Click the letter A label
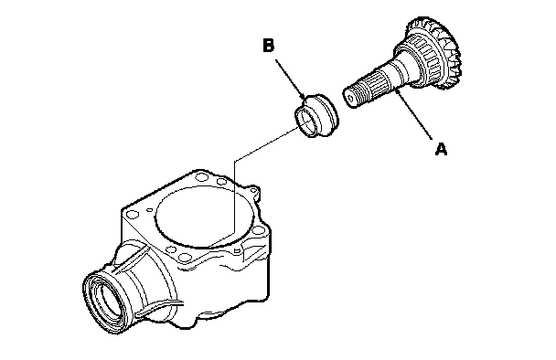point(441,149)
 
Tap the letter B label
point(269,46)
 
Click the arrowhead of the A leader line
point(397,91)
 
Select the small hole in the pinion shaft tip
point(351,99)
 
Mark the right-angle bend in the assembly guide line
point(234,161)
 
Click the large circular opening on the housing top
point(205,217)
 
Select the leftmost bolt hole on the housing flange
point(133,214)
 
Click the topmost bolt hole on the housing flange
point(201,175)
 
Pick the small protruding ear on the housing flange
point(254,191)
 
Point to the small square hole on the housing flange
point(237,251)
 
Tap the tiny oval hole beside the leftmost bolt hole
point(150,209)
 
